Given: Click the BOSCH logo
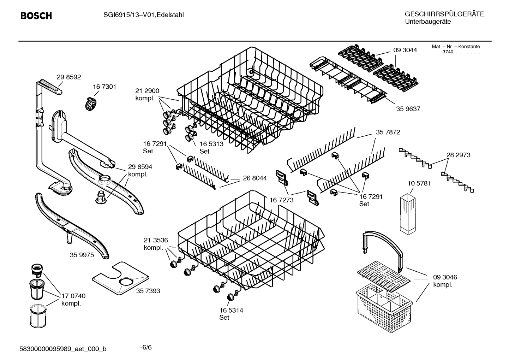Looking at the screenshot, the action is [36, 16].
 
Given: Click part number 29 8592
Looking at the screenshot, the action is [69, 77].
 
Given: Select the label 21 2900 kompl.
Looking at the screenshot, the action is [147, 94].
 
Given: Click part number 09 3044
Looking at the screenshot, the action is [405, 50].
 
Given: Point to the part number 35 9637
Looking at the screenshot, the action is [408, 109].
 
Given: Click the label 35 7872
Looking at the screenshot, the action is [388, 132].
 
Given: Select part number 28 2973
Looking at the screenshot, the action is [458, 155].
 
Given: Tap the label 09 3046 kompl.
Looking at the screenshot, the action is [445, 281].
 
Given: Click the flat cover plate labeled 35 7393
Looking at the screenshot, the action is [120, 279].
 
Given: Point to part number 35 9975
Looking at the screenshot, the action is [82, 255].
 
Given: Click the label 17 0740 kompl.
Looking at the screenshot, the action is [73, 299].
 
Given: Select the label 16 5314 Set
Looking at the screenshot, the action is [231, 314].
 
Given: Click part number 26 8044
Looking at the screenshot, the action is [255, 178].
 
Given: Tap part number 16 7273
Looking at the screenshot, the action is [281, 200].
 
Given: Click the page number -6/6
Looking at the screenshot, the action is [146, 347].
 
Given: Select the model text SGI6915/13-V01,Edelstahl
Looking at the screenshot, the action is [143, 15].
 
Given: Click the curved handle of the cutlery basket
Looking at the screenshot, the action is [384, 239].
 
